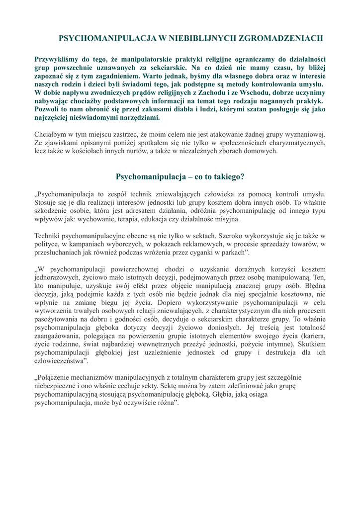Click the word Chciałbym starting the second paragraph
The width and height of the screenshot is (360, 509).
coord(51,134)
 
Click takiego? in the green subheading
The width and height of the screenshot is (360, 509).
coord(228,176)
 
